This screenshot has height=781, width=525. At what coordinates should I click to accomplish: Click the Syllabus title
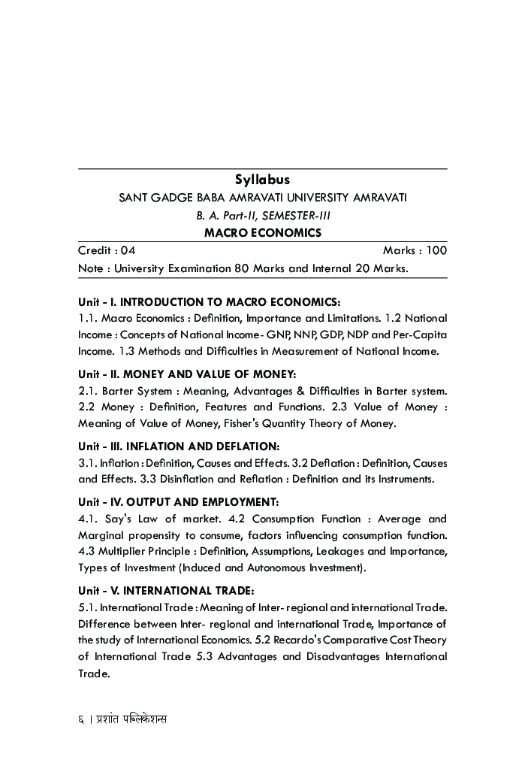click(262, 180)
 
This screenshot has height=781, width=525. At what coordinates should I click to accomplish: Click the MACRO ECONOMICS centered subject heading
click(262, 233)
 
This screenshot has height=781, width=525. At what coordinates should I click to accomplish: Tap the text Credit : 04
click(107, 250)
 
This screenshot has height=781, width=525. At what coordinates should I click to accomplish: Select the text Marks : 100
click(415, 250)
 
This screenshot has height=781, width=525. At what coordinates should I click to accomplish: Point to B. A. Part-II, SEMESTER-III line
click(262, 216)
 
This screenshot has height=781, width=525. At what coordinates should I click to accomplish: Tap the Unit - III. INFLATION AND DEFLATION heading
click(179, 447)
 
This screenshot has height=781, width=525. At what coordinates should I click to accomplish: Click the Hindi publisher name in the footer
click(132, 719)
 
